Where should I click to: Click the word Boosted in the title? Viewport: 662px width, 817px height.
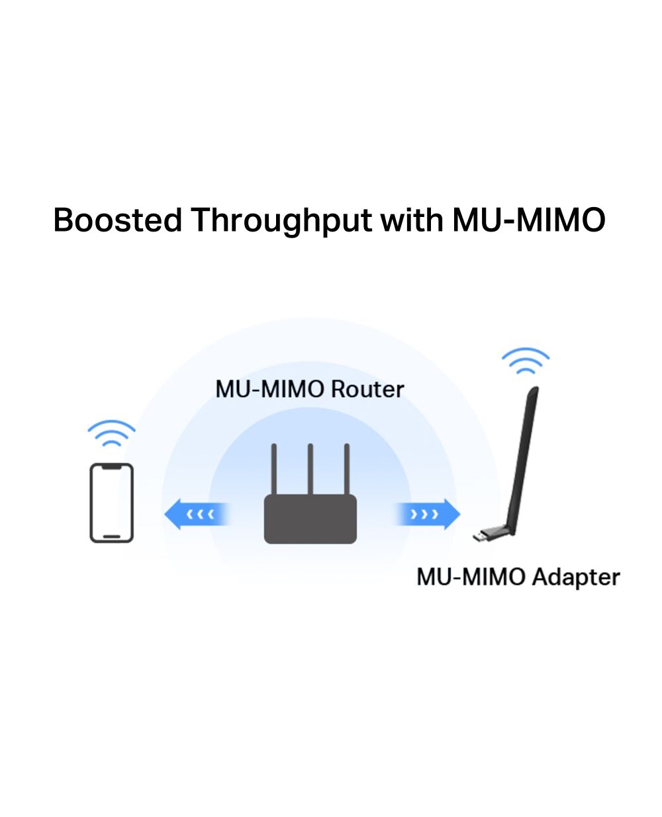point(117,220)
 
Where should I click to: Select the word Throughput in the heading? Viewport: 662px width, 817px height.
point(281,221)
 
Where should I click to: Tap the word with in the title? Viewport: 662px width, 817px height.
point(412,219)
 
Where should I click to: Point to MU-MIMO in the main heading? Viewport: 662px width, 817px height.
point(529,220)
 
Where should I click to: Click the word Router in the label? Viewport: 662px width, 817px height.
point(367,390)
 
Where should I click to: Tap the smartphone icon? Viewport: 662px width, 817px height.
point(111,503)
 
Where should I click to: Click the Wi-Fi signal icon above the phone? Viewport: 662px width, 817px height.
point(111,433)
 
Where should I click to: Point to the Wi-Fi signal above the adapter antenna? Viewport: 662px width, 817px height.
point(526,361)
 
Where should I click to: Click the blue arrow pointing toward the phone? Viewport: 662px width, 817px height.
point(197,514)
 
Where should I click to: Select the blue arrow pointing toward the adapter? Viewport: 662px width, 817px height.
point(428,514)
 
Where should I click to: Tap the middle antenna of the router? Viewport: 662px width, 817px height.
point(310,469)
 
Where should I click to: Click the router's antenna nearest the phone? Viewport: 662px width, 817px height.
point(273,469)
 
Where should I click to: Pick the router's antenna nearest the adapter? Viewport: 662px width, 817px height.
point(346,469)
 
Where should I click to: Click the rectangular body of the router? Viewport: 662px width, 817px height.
point(310,519)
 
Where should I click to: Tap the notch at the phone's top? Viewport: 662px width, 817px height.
point(111,467)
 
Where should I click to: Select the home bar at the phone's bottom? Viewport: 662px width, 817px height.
point(112,537)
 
